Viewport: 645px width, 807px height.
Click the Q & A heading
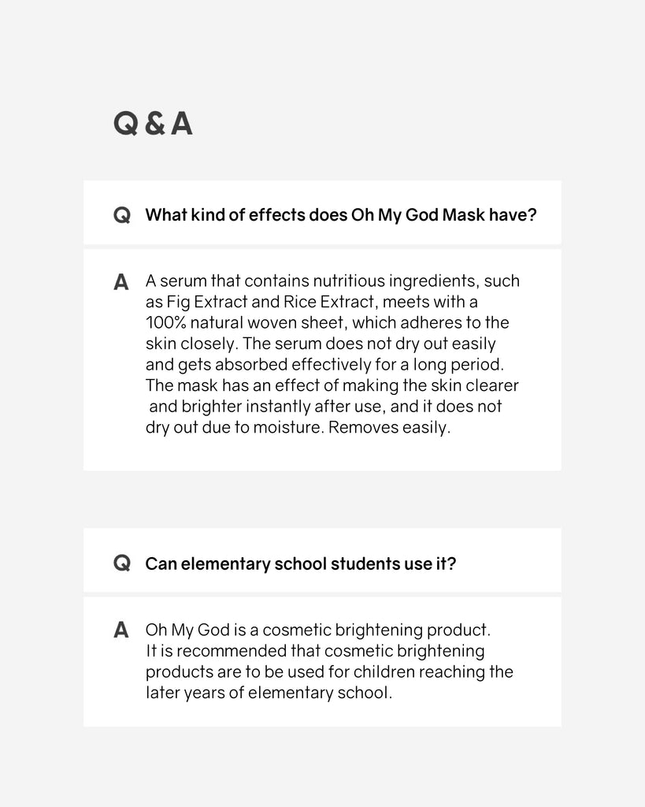click(x=153, y=124)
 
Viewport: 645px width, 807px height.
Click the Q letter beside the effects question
click(x=122, y=215)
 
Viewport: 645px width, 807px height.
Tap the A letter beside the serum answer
click(x=121, y=282)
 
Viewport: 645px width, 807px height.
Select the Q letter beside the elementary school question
click(x=122, y=563)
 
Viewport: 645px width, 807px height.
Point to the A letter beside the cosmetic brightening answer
click(x=121, y=630)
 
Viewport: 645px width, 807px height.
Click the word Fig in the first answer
click(x=177, y=302)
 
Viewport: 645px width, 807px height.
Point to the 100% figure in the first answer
click(x=164, y=323)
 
